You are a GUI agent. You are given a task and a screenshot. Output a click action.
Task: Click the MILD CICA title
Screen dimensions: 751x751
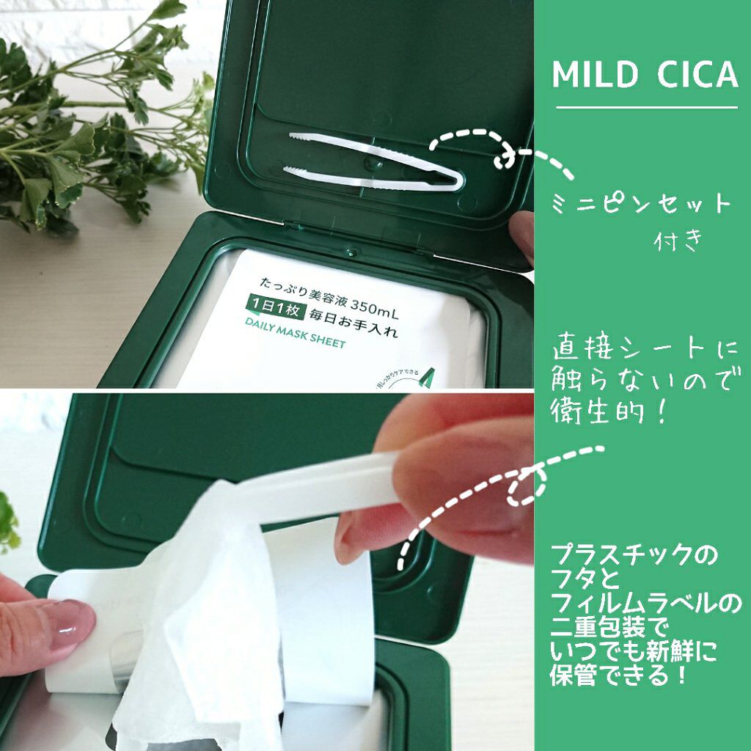click(645, 75)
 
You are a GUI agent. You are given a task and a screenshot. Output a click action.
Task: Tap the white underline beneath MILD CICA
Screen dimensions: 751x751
click(646, 107)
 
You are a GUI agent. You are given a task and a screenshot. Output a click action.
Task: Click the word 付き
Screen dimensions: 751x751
click(678, 240)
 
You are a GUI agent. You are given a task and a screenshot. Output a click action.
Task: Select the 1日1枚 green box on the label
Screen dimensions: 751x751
click(279, 321)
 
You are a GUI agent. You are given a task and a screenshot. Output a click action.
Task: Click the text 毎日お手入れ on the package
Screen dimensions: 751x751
click(354, 323)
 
